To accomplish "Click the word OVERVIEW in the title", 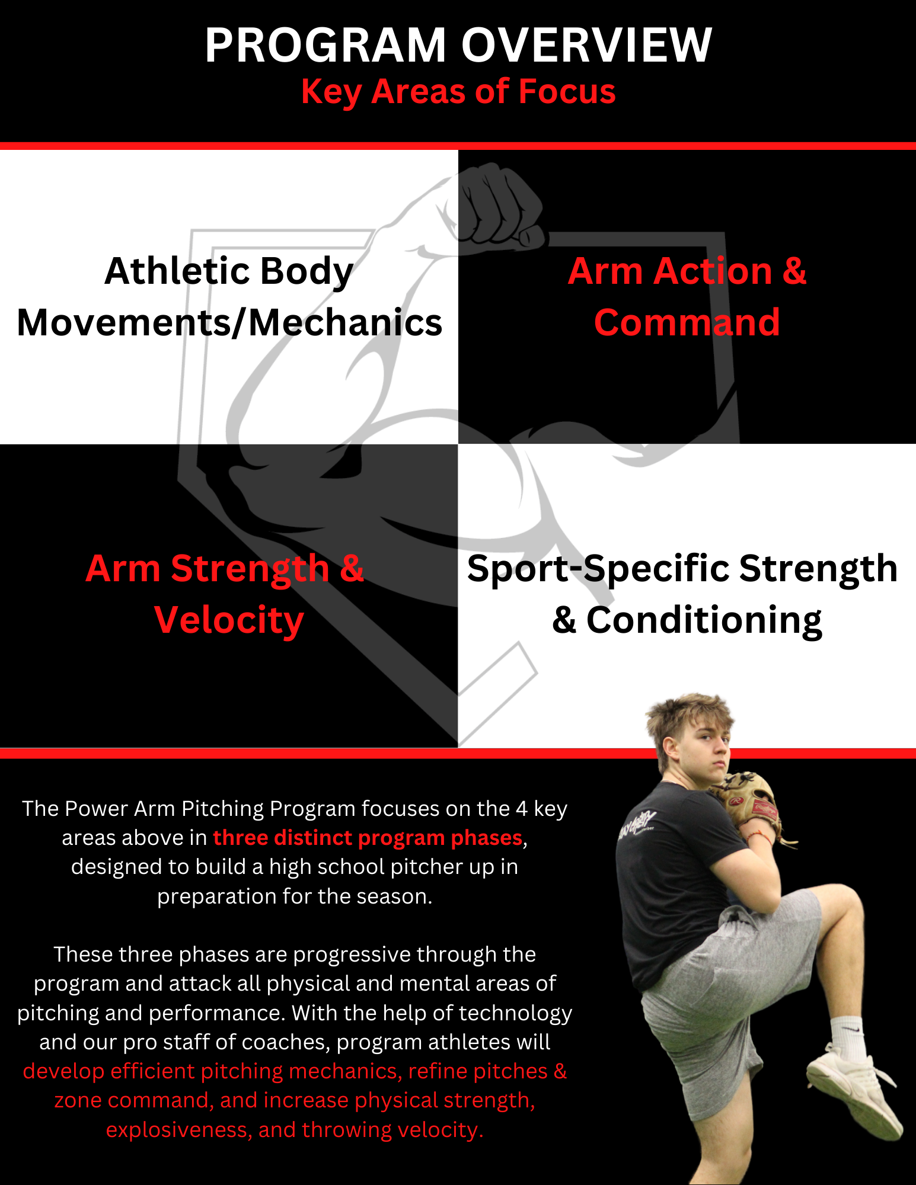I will (586, 46).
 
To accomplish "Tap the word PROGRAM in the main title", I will (325, 46).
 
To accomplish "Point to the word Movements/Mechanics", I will (229, 323).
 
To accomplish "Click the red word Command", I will (687, 323).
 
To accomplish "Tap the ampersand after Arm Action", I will (794, 271).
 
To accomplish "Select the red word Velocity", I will (229, 620).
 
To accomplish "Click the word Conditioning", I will (704, 620).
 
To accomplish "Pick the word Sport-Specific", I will (598, 569).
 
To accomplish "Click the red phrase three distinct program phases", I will (368, 838).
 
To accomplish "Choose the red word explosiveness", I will (178, 1130).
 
